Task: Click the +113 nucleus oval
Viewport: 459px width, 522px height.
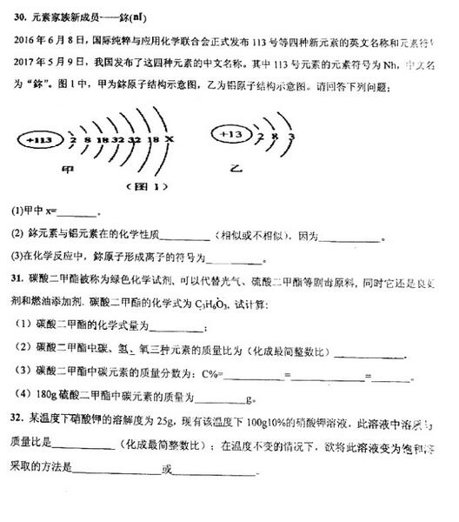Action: coord(42,140)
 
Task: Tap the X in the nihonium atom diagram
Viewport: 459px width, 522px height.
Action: coord(169,140)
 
